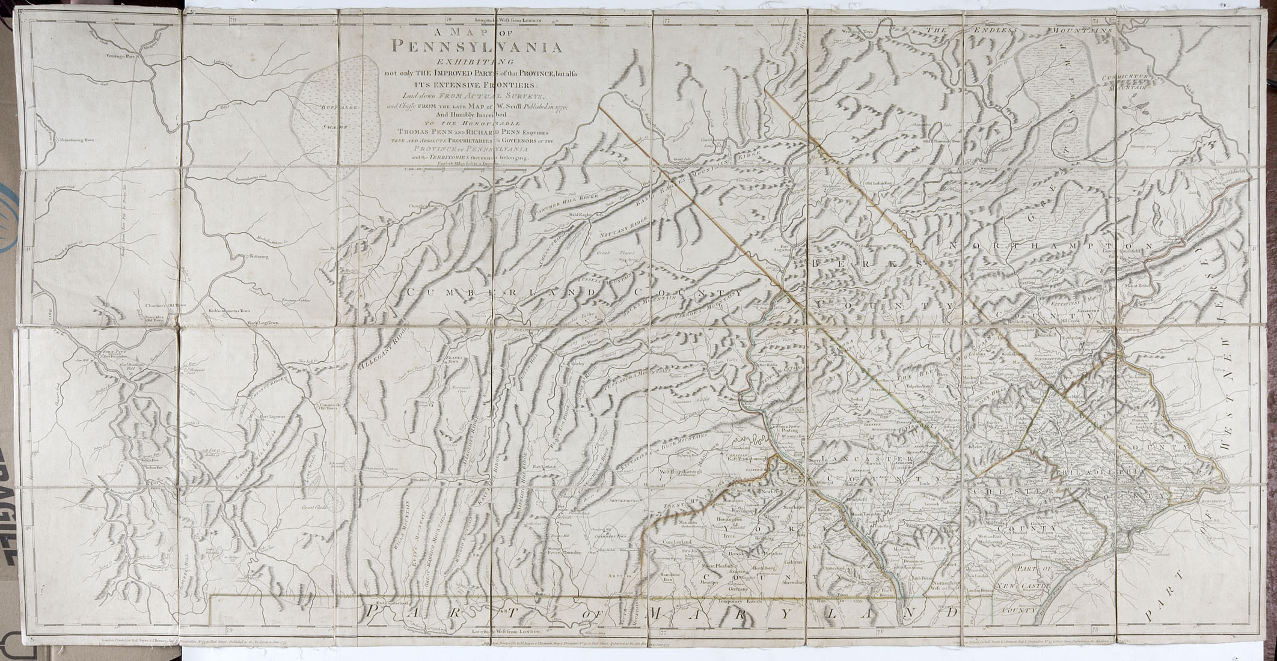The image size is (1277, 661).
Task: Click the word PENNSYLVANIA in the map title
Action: coord(477,46)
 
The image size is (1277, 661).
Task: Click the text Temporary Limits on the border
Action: coord(741,600)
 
